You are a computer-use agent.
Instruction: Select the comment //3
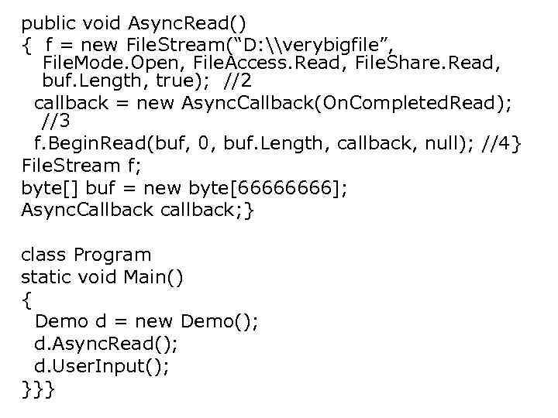coord(55,122)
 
